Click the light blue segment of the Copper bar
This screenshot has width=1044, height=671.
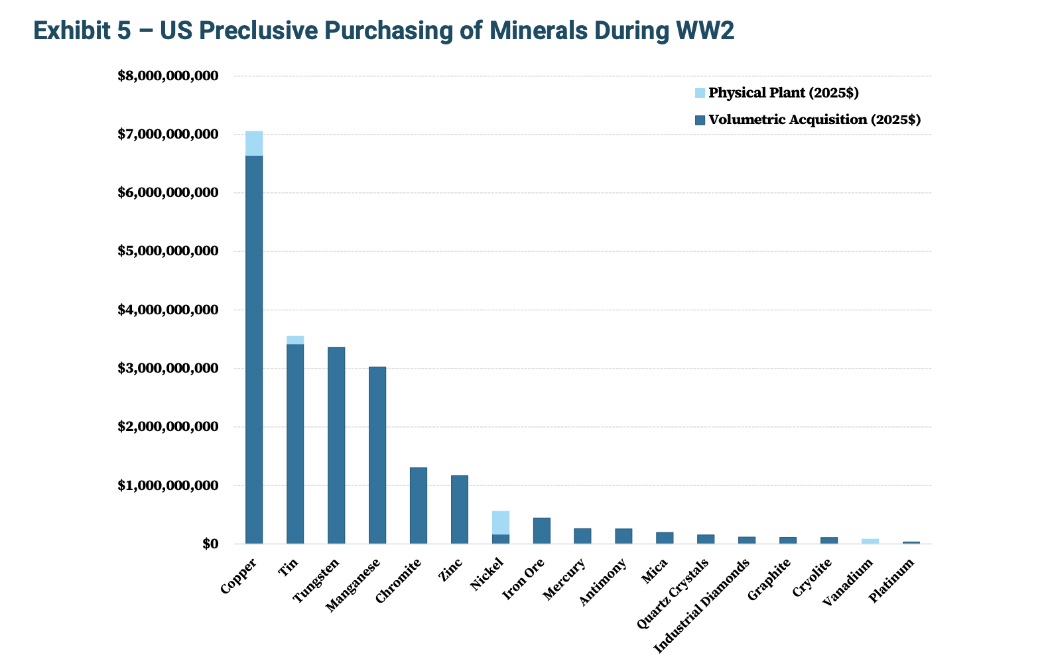tap(254, 143)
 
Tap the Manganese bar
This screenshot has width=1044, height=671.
tap(377, 455)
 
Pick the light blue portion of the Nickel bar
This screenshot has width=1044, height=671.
tap(501, 522)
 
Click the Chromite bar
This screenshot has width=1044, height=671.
tap(419, 505)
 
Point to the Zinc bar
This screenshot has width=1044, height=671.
tap(460, 509)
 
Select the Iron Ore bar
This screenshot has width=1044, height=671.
tap(542, 530)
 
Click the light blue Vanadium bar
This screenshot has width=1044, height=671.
tap(870, 541)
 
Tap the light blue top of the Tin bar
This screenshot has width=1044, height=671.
tap(295, 340)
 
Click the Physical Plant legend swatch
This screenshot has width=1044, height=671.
tap(700, 93)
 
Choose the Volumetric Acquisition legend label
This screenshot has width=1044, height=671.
tap(815, 120)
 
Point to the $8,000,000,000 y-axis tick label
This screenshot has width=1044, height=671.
tap(168, 76)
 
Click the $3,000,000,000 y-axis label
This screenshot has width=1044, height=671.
tap(168, 369)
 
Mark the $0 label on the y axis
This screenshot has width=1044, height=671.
tap(210, 544)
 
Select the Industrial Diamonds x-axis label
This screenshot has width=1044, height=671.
tap(702, 606)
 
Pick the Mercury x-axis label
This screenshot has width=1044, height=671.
tap(564, 579)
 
